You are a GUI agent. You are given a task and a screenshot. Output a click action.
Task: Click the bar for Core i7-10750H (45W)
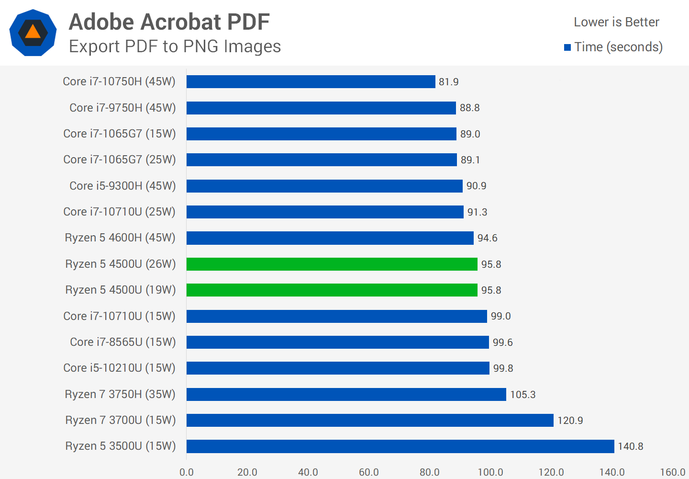[311, 82]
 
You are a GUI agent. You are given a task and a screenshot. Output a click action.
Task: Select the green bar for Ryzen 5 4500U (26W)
[332, 264]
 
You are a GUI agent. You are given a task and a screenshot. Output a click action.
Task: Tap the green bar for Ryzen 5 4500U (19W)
[332, 290]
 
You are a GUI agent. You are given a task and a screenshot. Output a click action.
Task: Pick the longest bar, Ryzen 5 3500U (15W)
[400, 446]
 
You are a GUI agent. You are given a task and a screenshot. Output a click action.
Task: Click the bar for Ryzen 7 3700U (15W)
[370, 420]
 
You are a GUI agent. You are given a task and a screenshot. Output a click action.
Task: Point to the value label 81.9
[448, 82]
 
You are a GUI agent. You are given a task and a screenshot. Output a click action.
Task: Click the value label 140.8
[630, 446]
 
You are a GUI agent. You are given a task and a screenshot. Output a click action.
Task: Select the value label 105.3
[522, 395]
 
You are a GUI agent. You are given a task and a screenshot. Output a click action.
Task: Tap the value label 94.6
[487, 238]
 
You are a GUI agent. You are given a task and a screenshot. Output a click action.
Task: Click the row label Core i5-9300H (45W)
[122, 186]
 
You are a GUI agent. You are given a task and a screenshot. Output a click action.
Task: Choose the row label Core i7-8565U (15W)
[123, 342]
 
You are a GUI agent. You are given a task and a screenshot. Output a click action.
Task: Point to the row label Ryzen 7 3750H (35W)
[120, 394]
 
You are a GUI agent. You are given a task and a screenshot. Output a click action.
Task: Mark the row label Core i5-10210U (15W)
[120, 368]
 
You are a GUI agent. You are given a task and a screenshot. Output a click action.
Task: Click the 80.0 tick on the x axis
[430, 472]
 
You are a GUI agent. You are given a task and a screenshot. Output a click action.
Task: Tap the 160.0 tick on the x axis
[672, 472]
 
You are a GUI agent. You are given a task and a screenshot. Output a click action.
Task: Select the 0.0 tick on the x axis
[187, 472]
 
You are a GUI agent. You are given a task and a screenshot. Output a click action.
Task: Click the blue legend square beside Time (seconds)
[567, 47]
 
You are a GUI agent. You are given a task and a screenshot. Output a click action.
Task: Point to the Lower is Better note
[616, 22]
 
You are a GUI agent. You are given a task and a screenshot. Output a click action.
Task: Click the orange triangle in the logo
[33, 32]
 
